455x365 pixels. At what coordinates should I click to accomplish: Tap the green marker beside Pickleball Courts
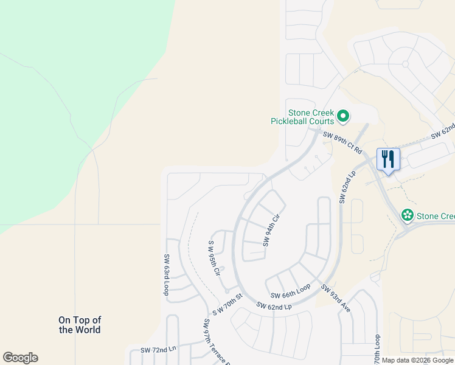343,115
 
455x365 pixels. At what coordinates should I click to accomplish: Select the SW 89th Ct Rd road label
342,142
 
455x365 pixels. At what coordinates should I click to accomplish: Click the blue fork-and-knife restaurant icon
388,160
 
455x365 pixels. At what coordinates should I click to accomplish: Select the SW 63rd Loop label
165,275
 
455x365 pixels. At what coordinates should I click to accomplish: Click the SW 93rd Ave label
336,299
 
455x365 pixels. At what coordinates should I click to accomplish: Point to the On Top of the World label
80,325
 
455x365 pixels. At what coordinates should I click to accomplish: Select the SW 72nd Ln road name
158,350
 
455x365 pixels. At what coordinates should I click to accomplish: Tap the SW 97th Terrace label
215,342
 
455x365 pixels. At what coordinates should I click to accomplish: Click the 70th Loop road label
377,349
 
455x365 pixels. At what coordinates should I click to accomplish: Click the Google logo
20,358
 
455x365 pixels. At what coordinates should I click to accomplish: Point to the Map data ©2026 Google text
418,360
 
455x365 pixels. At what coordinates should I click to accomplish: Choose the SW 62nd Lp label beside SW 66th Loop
274,306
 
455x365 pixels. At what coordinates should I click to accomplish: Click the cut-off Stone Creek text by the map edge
436,216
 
